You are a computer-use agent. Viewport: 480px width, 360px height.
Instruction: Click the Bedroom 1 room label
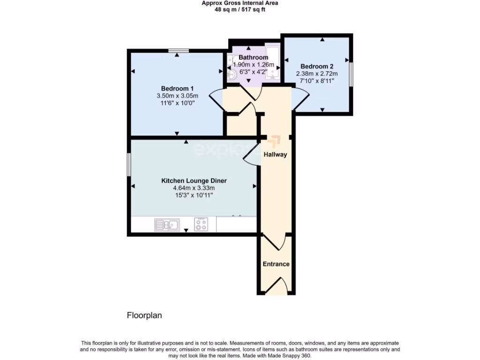point(177,89)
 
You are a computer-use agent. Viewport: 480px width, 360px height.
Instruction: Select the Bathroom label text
point(253,58)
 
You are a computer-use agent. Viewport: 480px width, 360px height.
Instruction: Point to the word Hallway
point(275,154)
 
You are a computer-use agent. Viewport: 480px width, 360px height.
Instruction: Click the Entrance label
point(276,264)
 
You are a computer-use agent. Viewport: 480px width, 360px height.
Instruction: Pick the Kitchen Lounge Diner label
point(194,180)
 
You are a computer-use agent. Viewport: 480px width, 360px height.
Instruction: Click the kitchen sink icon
point(166,225)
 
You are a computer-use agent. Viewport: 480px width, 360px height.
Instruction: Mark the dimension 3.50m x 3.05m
point(177,96)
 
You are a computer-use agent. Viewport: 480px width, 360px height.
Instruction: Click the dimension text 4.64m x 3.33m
point(194,188)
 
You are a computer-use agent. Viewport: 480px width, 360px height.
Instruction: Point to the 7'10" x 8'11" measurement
point(316,81)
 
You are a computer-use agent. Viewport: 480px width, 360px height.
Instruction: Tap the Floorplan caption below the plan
point(144,315)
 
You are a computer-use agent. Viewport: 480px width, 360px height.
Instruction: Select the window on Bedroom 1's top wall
point(179,50)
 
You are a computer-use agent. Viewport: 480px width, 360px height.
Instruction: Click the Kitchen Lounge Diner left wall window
point(129,165)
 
